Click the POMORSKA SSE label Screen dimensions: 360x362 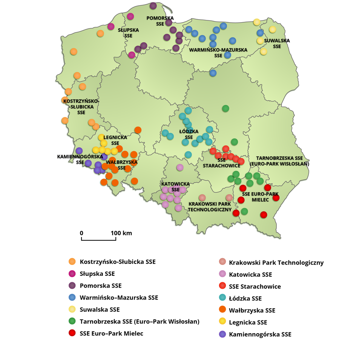coord(160,20)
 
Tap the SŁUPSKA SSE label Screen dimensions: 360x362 coord(128,33)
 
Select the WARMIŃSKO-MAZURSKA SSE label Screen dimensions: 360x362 coord(218,52)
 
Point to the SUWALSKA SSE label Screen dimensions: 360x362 coord(277,43)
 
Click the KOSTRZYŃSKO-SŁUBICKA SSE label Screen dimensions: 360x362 coord(81,107)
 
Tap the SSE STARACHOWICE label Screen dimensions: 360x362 coord(221,163)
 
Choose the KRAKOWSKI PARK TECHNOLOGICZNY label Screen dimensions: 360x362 coord(210,207)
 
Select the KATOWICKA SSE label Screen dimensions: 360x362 coord(175,186)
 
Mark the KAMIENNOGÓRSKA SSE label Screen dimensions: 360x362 coord(80,159)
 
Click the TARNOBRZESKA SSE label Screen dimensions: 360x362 coord(279,161)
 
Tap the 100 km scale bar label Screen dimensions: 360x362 coord(121,233)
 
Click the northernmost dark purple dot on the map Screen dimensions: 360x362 coord(153,6)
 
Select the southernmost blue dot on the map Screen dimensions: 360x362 coord(213,73)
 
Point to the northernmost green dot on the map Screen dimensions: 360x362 coord(225,108)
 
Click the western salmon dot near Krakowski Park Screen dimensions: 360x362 coord(202,197)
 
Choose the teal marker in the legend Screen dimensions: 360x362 coord(222,297)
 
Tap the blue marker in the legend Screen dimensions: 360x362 coord(72,297)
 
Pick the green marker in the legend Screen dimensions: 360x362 coord(72,321)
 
